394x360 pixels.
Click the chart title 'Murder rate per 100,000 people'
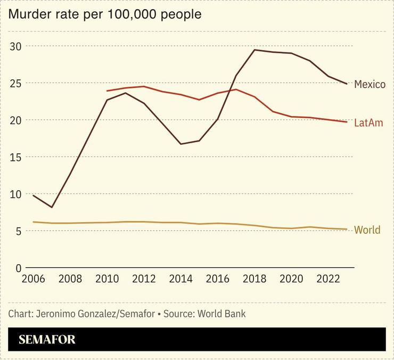(104, 14)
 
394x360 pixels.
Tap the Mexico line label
(370, 85)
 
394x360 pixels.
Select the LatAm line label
(368, 123)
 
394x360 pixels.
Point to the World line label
(367, 230)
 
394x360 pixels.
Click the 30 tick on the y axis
(16, 46)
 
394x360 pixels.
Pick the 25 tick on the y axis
(16, 83)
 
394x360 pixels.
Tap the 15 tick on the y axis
(16, 157)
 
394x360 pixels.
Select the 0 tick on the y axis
(18, 268)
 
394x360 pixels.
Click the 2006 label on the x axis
(33, 279)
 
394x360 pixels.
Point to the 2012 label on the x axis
(144, 279)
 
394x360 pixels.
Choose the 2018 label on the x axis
(255, 279)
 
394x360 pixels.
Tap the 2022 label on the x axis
(329, 279)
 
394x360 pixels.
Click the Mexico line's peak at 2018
(255, 50)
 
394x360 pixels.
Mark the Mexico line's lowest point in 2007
(52, 207)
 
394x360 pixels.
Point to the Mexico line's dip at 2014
(181, 144)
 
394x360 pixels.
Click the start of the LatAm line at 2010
(107, 91)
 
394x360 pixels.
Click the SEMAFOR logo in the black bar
(47, 340)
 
